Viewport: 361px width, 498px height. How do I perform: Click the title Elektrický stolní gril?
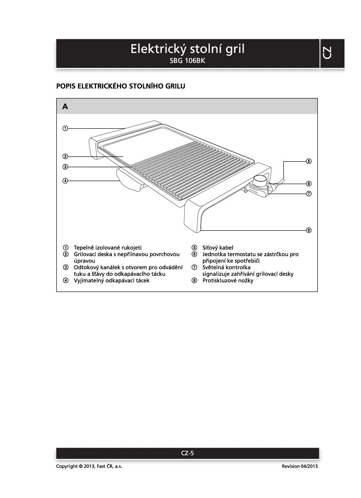coord(187,49)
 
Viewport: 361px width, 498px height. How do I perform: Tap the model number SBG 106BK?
coord(187,60)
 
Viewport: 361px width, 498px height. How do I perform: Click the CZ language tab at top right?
coord(327,53)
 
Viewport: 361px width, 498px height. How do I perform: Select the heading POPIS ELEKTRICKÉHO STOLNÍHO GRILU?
coord(120,86)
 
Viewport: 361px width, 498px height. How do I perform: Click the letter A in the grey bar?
coord(65,107)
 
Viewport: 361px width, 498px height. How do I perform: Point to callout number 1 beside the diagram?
coord(65,128)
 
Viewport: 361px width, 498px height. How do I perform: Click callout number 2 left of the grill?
coord(65,156)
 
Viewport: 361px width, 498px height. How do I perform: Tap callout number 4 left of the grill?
coord(65,181)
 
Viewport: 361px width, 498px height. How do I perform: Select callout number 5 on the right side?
coord(308,161)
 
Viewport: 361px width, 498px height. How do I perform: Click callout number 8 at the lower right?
coord(308,230)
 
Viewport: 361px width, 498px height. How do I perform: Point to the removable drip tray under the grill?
coord(129,181)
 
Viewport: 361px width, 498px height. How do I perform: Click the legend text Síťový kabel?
coord(218,248)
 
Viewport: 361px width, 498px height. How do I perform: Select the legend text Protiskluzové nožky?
coord(228,281)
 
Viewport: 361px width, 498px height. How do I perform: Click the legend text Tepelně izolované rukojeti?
coord(108,248)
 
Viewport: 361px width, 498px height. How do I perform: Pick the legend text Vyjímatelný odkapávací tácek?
coord(111,281)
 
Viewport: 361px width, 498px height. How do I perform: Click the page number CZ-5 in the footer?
coord(187,453)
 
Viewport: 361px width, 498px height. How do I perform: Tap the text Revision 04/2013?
coord(299,466)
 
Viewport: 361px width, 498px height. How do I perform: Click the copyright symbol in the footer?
coord(81,466)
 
